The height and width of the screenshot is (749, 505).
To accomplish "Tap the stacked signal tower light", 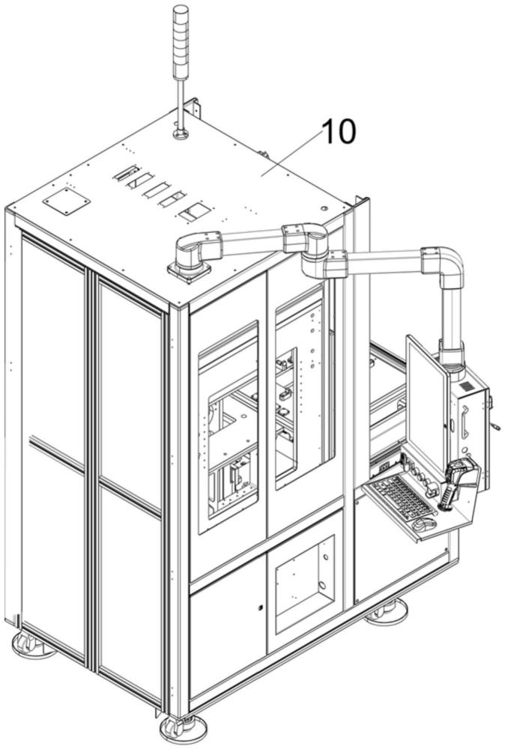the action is click(181, 42).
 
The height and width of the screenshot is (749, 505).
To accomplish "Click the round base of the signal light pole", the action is click(180, 135).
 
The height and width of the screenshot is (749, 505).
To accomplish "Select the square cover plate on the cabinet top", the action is click(67, 201).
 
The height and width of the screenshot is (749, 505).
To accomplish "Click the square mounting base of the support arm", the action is click(189, 271).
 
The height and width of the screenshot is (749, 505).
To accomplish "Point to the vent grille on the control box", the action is click(467, 385).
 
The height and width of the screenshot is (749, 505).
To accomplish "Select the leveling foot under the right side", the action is click(386, 613).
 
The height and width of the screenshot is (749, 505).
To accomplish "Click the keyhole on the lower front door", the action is click(260, 607).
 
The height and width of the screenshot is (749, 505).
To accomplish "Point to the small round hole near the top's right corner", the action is click(324, 208).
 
